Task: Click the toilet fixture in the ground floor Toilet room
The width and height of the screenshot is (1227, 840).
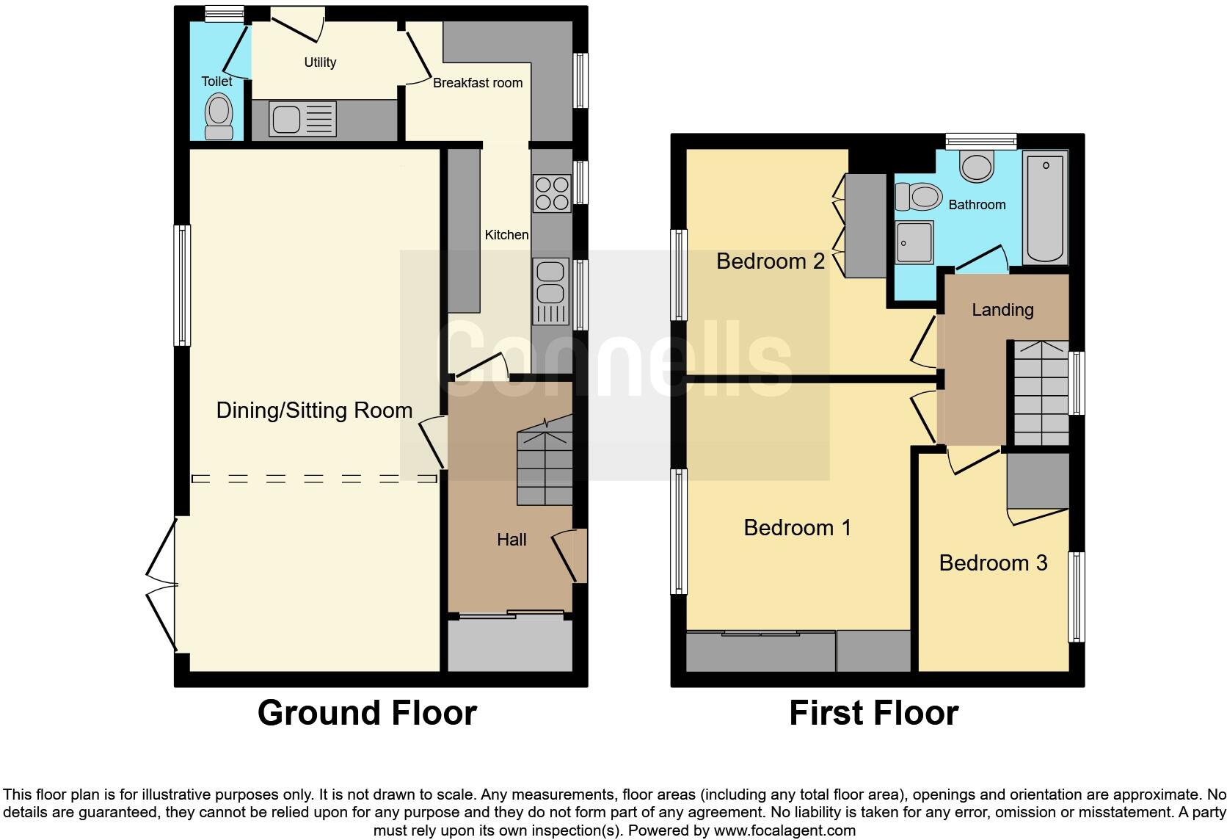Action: click(x=219, y=116)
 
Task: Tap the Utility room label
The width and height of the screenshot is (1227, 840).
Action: click(x=320, y=62)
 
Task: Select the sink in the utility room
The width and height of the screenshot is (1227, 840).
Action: click(x=302, y=119)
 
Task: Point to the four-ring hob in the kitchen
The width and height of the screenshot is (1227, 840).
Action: click(x=552, y=193)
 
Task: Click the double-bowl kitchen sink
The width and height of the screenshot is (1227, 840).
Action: click(x=550, y=292)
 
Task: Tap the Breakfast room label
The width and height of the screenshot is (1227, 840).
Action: click(x=478, y=83)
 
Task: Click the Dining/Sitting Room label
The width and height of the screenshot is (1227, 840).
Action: click(x=314, y=410)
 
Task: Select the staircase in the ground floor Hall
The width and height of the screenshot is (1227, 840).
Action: click(x=545, y=460)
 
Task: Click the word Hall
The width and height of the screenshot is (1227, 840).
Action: click(x=511, y=540)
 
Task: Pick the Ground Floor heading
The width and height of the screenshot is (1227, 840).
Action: click(x=367, y=713)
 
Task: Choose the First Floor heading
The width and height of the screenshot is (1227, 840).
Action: click(x=874, y=713)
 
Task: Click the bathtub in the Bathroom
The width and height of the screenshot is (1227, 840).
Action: click(x=1045, y=208)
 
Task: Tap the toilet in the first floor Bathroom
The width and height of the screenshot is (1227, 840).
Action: click(x=918, y=197)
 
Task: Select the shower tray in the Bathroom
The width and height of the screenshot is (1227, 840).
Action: click(x=914, y=243)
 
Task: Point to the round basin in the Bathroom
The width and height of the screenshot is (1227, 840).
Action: click(x=977, y=166)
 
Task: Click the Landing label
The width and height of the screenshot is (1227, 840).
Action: click(x=1003, y=310)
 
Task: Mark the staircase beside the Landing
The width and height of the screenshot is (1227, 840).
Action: click(x=1041, y=393)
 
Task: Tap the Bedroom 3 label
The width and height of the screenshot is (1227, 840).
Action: click(x=993, y=562)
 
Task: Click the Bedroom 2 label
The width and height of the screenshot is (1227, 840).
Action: click(x=770, y=261)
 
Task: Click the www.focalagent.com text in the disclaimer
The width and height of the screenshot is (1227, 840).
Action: click(x=784, y=830)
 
